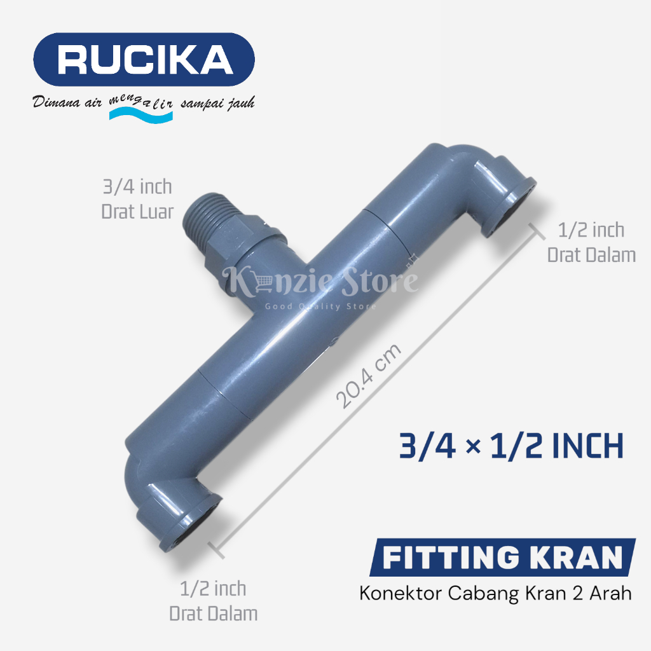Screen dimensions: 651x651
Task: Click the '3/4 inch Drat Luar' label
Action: point(137,200)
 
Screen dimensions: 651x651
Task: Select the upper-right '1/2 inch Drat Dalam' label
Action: point(591,242)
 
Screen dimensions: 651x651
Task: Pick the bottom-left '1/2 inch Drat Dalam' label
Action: point(214,601)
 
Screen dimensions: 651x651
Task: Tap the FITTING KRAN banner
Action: point(502,557)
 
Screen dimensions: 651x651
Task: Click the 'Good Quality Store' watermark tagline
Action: point(320,306)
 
